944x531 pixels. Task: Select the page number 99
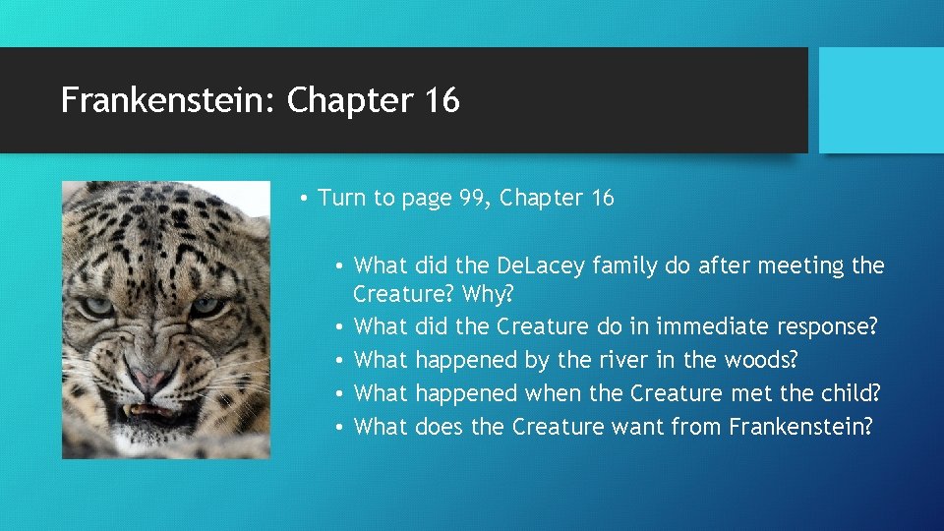(471, 198)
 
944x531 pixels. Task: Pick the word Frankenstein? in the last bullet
(800, 427)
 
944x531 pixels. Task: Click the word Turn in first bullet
(340, 198)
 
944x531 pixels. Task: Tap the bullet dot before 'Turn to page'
(306, 199)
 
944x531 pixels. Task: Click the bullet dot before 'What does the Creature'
(339, 428)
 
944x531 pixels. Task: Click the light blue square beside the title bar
(881, 100)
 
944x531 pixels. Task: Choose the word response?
(827, 326)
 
